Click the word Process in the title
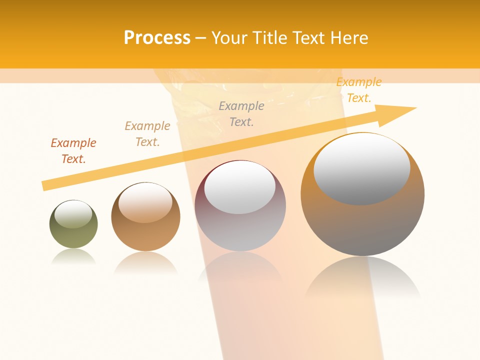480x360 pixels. [157, 38]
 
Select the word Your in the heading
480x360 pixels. [230, 38]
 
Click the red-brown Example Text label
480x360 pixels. [73, 151]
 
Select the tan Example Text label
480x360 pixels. [147, 134]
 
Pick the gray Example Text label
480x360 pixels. [241, 113]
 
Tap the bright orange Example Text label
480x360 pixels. [358, 90]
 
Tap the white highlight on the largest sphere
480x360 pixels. [361, 169]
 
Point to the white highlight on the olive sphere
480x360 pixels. [73, 214]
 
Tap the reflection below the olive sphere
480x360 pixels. [73, 256]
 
